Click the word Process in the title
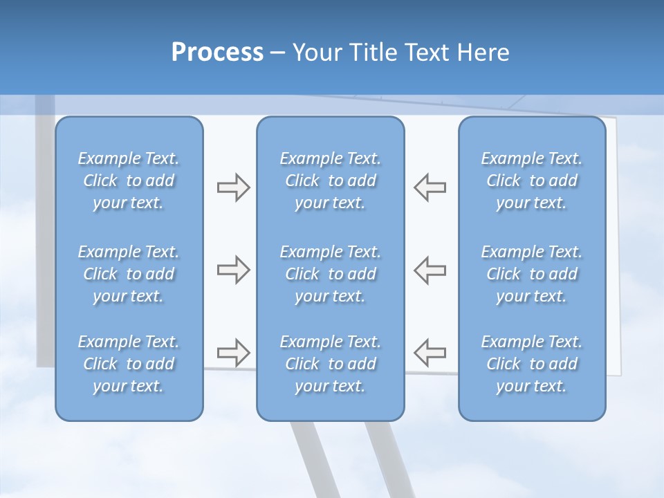point(217,53)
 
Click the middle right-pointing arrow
point(233,270)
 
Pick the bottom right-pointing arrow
point(233,353)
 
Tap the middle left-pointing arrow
point(430,270)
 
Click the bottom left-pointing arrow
point(430,353)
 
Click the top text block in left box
point(129,181)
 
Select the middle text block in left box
point(129,274)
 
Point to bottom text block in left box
point(129,364)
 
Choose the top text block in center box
point(330,181)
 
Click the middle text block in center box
point(330,274)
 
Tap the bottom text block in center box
point(330,364)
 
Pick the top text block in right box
point(532,181)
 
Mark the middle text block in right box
point(532,274)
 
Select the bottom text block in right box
point(532,364)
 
